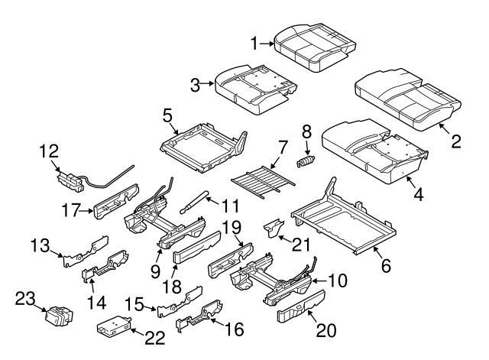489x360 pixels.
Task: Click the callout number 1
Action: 256,45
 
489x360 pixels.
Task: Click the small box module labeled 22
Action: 113,326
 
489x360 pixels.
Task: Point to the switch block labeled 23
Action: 58,316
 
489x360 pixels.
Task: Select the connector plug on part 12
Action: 73,182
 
